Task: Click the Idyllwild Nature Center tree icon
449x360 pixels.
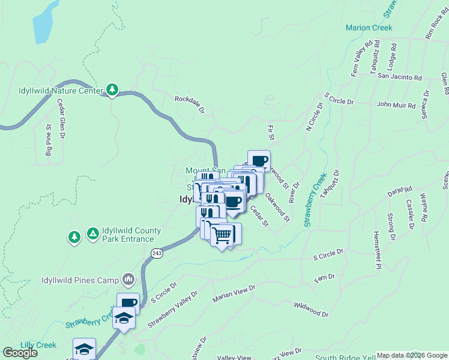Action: [112, 90]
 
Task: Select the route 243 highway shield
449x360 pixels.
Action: [157, 254]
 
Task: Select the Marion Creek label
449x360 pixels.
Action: [369, 28]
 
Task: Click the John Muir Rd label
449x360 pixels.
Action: [396, 105]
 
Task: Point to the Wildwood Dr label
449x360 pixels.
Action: [312, 310]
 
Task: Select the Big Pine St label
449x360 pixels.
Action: [49, 140]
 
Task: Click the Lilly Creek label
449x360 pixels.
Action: [38, 345]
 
